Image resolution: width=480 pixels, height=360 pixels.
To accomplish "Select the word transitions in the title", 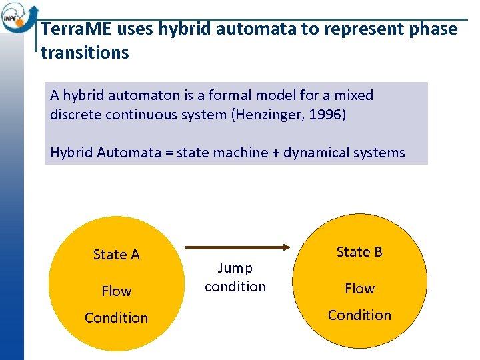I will point(85,53).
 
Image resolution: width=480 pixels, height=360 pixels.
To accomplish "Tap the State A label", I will point(116,255).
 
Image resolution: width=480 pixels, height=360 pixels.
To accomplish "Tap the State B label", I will point(359,252).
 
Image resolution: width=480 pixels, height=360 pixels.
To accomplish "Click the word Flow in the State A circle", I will point(116,291).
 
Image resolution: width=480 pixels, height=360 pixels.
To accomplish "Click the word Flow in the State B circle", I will point(359,289).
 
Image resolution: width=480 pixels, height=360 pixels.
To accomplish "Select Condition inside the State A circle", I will point(116,318).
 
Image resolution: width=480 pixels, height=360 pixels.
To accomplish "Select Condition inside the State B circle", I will point(359,315).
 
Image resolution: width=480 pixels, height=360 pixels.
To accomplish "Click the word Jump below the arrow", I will point(235,268).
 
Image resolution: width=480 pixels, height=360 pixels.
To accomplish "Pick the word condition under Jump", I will point(235,287).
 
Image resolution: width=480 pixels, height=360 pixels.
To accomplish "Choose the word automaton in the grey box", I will point(137,95).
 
